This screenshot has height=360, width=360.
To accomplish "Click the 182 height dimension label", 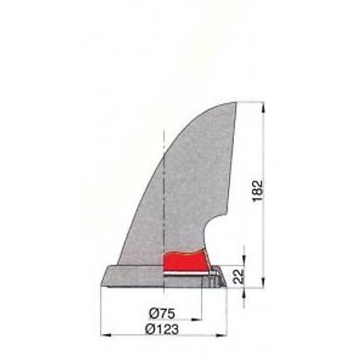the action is point(258,191).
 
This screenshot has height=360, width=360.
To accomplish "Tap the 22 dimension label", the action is point(239,276).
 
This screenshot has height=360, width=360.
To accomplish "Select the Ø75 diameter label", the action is point(162,313).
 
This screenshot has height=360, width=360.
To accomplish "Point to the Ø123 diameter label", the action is point(162,329).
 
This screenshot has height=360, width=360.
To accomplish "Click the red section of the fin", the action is point(185,261).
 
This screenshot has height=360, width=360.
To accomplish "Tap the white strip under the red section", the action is point(186,274).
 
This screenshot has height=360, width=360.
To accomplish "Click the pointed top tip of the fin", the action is point(235,103).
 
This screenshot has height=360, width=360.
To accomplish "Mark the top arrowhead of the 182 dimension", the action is point(264,107).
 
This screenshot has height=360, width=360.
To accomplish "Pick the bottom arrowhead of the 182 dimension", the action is point(264,282).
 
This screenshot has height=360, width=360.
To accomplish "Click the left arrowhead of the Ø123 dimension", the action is point(106,335).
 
